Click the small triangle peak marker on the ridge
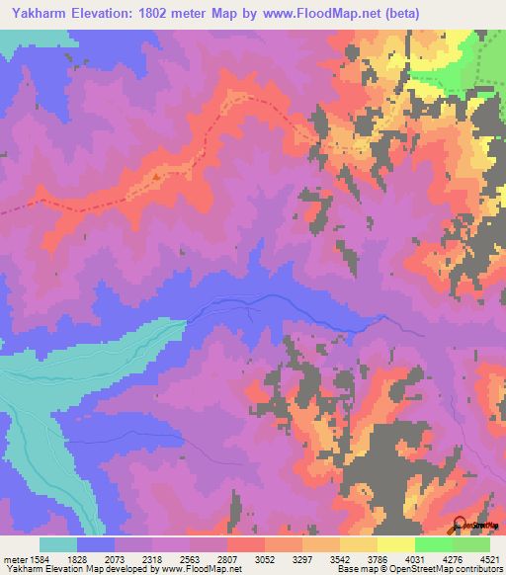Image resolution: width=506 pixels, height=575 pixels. click(156, 178)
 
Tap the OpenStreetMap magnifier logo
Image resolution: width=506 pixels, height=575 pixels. click(461, 525)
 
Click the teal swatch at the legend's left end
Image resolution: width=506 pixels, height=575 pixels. click(58, 544)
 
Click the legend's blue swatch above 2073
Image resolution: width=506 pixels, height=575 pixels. click(96, 544)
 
